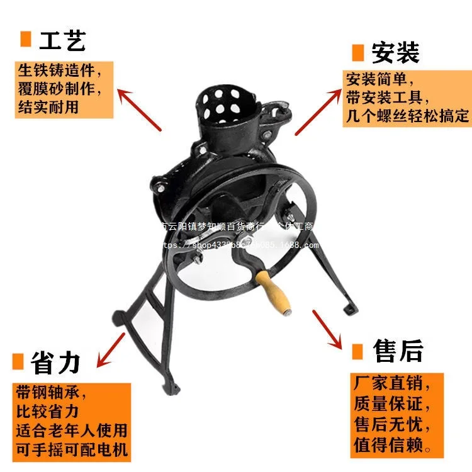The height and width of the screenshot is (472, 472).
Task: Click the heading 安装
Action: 395,52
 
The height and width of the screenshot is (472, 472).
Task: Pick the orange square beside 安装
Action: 358,52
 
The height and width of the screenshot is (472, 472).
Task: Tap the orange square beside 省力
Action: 18,362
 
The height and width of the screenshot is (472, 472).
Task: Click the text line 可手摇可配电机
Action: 72,449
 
